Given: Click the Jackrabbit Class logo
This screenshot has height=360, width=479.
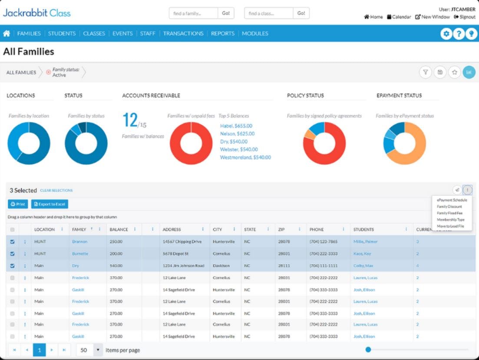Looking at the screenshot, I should click(36, 13).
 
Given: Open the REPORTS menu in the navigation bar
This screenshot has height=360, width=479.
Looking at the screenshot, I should click(222, 33).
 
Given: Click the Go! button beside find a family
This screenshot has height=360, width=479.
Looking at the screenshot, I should click(226, 13).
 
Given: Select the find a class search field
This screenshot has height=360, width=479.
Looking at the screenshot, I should click(269, 13).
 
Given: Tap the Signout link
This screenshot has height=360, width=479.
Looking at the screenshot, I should click(465, 17).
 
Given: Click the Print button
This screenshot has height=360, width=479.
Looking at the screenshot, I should click(18, 204).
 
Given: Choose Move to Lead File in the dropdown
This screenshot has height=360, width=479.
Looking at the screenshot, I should click(450, 226).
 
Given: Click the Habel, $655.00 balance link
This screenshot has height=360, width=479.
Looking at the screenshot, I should click(236, 126).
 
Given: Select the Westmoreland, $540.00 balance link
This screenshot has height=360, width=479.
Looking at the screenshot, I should click(245, 157).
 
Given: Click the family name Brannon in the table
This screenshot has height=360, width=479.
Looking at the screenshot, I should click(79, 241).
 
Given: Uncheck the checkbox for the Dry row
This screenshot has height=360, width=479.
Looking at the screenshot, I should click(12, 265).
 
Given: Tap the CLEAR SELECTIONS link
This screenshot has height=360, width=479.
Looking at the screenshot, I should click(56, 190).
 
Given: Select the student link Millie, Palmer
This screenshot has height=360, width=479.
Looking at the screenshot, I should click(365, 241).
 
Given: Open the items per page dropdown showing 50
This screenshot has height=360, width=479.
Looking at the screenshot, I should click(89, 350).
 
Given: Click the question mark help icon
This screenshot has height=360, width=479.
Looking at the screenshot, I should click(458, 34).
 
